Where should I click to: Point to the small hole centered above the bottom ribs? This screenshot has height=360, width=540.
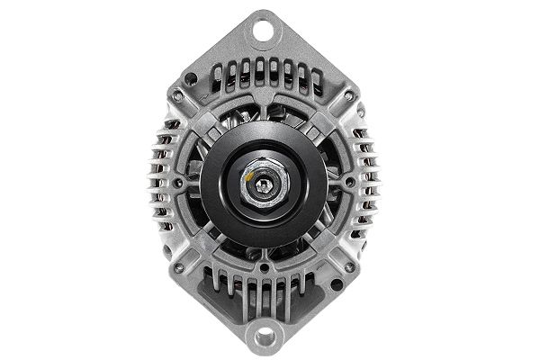tap(264, 267)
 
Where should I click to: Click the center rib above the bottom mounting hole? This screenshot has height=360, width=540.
tap(264, 297)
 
